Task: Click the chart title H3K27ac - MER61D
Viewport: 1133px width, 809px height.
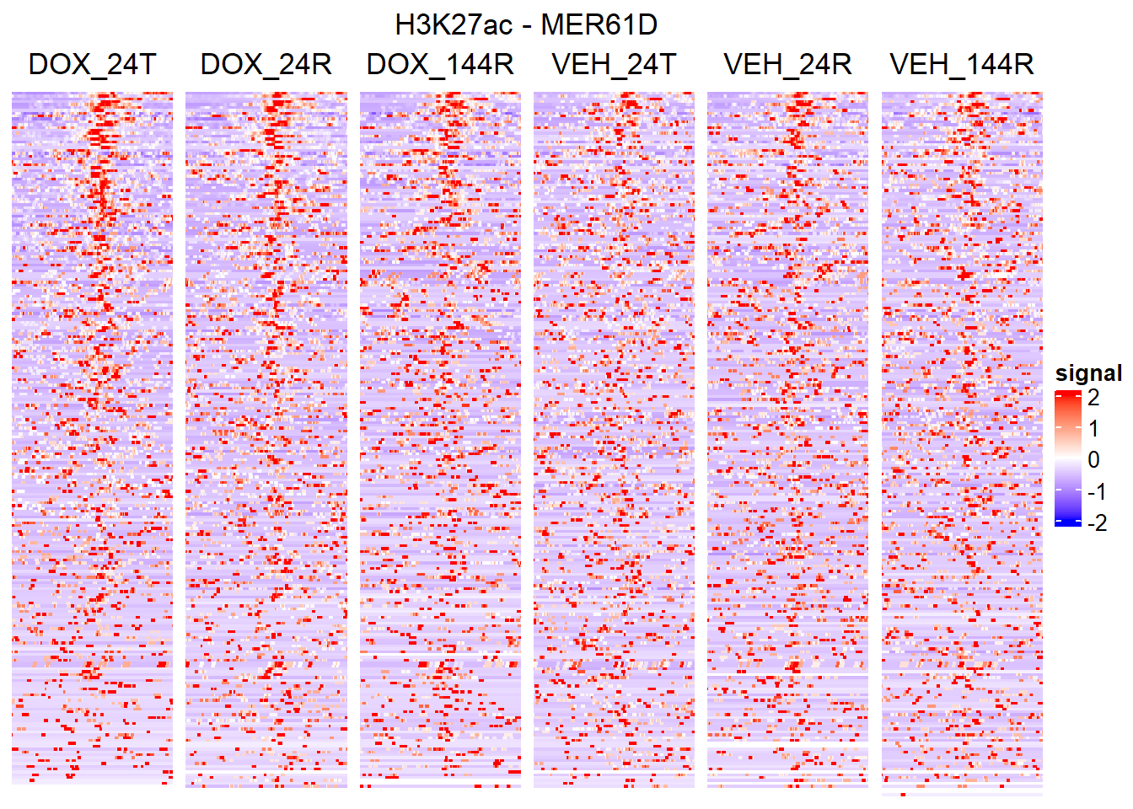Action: pyautogui.click(x=525, y=24)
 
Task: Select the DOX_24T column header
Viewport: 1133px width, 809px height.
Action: pyautogui.click(x=92, y=64)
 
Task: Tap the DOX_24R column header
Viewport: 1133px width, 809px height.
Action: pyautogui.click(x=266, y=64)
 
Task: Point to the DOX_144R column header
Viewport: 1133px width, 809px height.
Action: pyautogui.click(x=440, y=64)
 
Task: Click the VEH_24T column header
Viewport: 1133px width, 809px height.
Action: pyautogui.click(x=614, y=64)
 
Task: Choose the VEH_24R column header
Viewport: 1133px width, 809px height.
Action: pyautogui.click(x=787, y=64)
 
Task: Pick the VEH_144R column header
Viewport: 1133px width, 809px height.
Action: pyautogui.click(x=962, y=64)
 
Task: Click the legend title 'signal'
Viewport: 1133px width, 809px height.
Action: pyautogui.click(x=1088, y=373)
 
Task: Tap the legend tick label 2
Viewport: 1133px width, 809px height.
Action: pyautogui.click(x=1094, y=397)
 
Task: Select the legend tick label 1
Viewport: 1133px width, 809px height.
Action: pyautogui.click(x=1094, y=429)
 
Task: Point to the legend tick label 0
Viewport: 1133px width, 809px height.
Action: pyautogui.click(x=1094, y=460)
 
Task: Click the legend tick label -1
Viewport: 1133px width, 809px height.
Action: pyautogui.click(x=1097, y=492)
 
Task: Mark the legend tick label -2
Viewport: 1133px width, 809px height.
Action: pyautogui.click(x=1097, y=523)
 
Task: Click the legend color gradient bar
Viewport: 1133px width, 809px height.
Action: pyautogui.click(x=1067, y=458)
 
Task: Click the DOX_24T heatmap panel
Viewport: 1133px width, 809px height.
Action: pyautogui.click(x=92, y=438)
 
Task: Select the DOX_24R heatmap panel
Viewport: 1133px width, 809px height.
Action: pyautogui.click(x=266, y=438)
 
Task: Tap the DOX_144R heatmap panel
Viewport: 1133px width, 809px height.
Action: pyautogui.click(x=440, y=438)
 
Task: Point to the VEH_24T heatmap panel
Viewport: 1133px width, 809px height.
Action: pyautogui.click(x=614, y=438)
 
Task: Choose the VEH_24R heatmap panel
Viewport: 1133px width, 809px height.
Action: pyautogui.click(x=787, y=438)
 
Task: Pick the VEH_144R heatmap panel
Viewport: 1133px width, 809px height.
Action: pyautogui.click(x=962, y=438)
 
